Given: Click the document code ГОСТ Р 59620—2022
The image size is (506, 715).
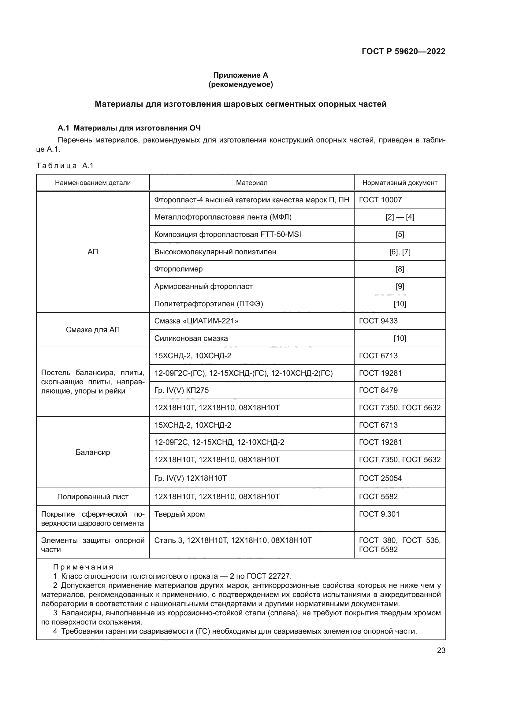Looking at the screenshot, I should [403, 51].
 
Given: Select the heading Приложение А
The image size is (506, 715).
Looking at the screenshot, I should [240, 75].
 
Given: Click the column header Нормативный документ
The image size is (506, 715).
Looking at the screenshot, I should [400, 183].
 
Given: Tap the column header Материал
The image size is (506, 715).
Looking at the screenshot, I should [251, 183].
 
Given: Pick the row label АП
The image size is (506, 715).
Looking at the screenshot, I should [93, 252].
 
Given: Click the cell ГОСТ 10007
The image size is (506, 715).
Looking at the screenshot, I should [381, 200].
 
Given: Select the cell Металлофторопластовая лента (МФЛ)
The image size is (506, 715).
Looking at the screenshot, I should [223, 217].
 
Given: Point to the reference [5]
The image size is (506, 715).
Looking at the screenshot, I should [400, 234].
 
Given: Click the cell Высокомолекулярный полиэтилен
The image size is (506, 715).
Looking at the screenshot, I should [215, 252].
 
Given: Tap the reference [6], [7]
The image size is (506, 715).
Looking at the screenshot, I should [400, 252].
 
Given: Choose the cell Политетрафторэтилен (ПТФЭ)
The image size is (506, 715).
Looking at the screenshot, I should [208, 304].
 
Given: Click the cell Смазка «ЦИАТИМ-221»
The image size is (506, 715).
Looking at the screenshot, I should [196, 321].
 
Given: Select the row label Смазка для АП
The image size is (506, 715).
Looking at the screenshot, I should [93, 330].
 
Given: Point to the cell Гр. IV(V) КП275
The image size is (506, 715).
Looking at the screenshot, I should [181, 390].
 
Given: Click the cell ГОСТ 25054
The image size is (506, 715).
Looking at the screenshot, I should [381, 478].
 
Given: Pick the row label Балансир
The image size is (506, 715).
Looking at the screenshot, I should [93, 452].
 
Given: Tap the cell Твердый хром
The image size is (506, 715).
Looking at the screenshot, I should [180, 514].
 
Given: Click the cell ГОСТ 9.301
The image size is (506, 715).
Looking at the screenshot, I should [379, 514].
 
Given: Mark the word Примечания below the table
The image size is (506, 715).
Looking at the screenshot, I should [83, 567].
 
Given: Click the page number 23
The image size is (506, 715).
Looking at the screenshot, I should [441, 650].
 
